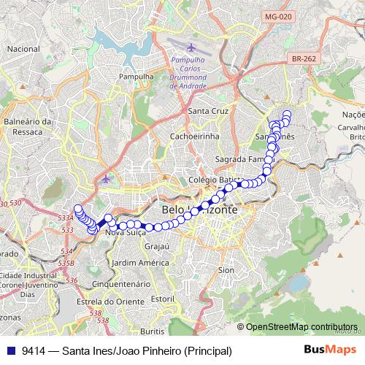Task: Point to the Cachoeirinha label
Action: (195, 136)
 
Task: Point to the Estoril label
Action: (162, 299)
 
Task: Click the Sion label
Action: (227, 270)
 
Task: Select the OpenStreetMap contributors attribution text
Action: (301, 326)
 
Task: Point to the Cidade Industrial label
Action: (27, 275)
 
